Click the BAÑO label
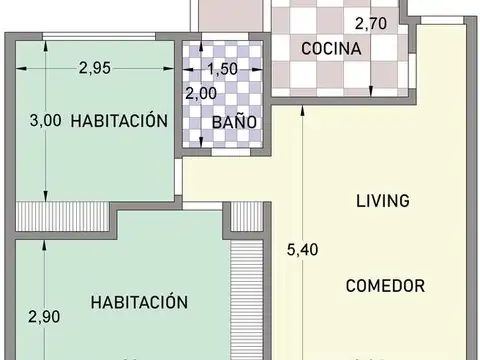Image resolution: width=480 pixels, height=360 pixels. [234, 122]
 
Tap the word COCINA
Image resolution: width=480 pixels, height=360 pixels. [324, 47]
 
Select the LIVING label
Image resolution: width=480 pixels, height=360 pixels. [383, 200]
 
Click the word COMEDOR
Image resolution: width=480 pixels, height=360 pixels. [385, 285]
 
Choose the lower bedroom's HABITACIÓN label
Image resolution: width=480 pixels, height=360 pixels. [139, 301]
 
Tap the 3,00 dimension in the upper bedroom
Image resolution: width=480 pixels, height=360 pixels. [45, 120]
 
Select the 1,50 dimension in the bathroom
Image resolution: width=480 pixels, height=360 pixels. [223, 69]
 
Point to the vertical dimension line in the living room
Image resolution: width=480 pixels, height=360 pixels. [274, 230]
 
